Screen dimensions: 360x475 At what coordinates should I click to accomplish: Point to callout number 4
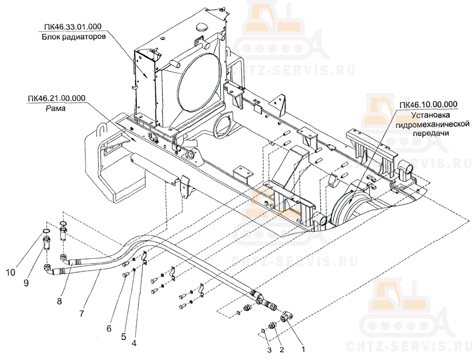point(134,342)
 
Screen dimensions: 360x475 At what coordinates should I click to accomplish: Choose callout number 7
point(82,313)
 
